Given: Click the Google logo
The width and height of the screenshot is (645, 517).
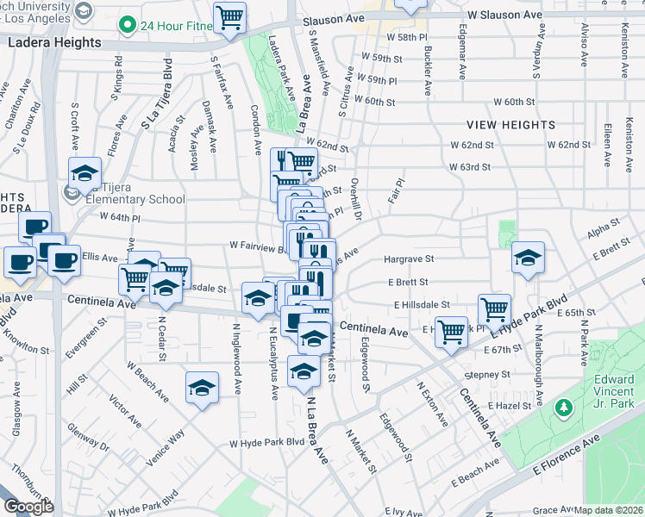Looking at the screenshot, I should tap(28, 507).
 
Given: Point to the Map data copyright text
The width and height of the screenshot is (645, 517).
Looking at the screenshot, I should tap(609, 510).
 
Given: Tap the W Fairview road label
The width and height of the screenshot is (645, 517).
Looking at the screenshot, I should tap(256, 245).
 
